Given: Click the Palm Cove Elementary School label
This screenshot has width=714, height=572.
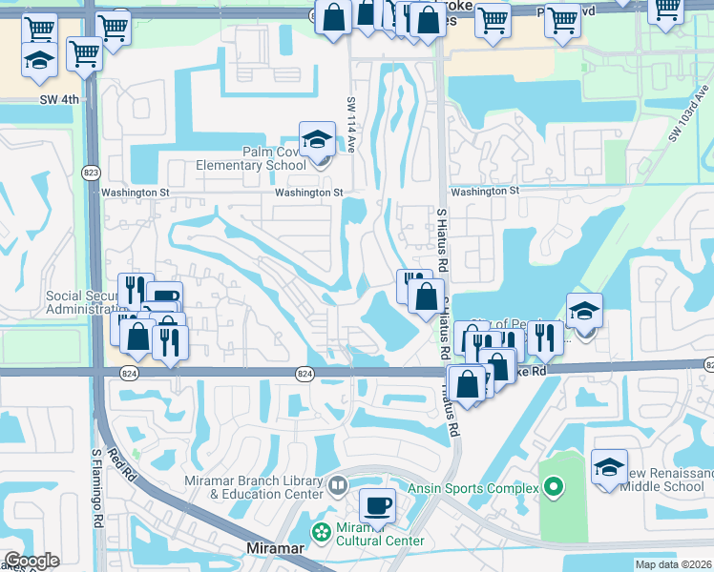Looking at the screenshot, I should click(x=248, y=158).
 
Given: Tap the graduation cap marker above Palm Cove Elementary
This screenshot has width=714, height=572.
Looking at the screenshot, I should click(x=317, y=139).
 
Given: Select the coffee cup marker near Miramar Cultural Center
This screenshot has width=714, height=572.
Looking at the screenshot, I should click(x=377, y=504).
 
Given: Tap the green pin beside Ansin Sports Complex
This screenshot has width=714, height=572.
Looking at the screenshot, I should click(x=552, y=488).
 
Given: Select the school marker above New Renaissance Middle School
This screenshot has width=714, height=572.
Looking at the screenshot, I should click(x=609, y=467).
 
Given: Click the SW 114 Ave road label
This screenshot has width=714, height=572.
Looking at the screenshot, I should click(x=351, y=128).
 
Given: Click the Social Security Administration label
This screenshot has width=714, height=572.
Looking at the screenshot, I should click(x=85, y=302).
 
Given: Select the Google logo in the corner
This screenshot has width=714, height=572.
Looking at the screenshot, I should click(x=32, y=561).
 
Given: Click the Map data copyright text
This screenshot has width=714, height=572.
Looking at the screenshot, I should click(x=673, y=564).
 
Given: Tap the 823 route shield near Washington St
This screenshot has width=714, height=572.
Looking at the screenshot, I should click(x=91, y=173).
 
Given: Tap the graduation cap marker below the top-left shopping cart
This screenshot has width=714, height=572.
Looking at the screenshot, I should click(x=39, y=60).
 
